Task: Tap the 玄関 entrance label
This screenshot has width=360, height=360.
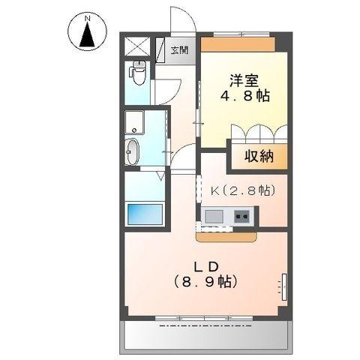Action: coord(178,50)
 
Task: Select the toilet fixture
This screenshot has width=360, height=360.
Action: coord(137,73)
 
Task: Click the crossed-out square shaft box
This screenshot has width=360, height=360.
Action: coord(137,46)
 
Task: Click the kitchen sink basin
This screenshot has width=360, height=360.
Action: coord(214,217)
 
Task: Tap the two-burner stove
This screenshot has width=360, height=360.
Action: coord(243,217)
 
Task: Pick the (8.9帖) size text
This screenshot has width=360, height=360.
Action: coord(205,283)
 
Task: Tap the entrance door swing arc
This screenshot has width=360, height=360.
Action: coord(183,21)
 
